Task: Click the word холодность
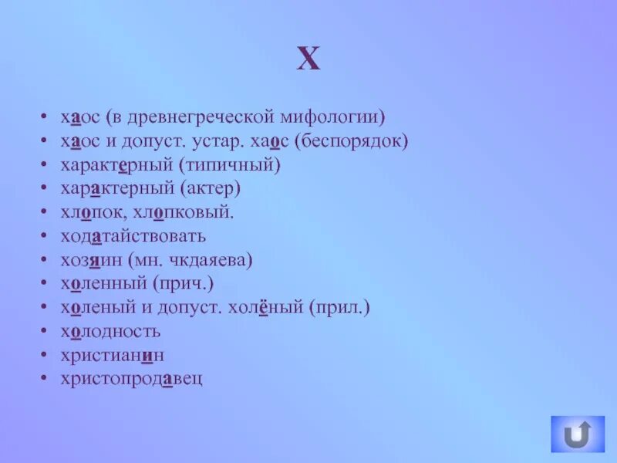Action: [x=111, y=332]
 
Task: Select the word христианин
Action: [x=113, y=355]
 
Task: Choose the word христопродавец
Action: [x=132, y=379]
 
